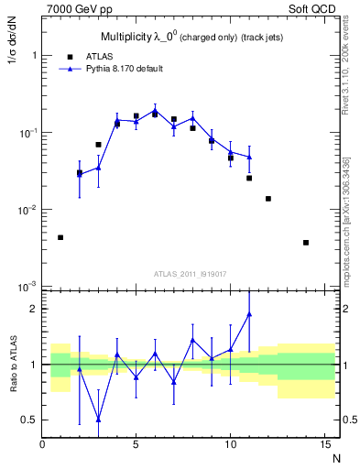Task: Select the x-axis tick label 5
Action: click(x=136, y=446)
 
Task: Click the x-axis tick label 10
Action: click(x=230, y=446)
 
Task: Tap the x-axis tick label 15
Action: click(x=323, y=446)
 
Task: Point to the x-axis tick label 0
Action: click(x=42, y=446)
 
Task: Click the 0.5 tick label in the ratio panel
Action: click(x=29, y=420)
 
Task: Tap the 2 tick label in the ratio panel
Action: click(x=34, y=309)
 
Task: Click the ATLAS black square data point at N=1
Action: click(x=60, y=237)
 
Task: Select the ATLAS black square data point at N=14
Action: click(x=305, y=243)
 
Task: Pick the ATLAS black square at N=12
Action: click(x=267, y=199)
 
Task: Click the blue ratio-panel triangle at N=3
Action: click(x=98, y=419)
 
